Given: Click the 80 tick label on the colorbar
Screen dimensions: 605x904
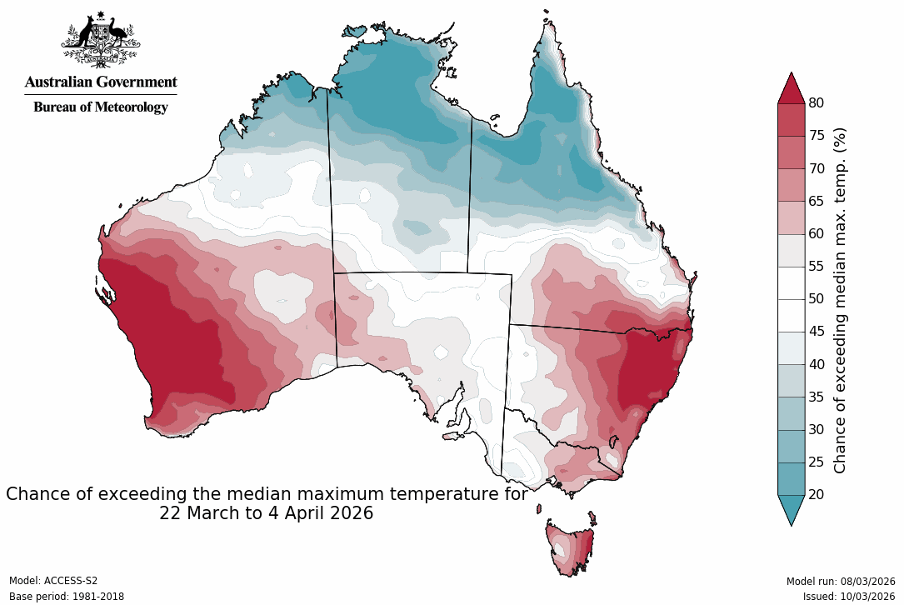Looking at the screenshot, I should pos(816,103).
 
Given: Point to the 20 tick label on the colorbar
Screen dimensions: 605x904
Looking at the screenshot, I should pos(816,495).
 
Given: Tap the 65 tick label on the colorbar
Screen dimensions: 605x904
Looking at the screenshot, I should pos(816,201).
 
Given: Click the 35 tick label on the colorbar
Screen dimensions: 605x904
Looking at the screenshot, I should pos(816,397).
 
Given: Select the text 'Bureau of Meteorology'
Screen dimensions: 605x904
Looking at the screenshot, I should pos(100,107).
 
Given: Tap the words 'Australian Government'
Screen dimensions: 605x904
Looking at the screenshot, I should pos(100,82).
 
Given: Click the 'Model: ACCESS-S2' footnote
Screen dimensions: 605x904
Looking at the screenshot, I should pos(53,581).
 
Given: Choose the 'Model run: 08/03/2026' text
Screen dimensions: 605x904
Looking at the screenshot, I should pos(841,581).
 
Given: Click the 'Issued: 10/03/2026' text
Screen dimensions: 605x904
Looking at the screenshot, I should pos(849,597).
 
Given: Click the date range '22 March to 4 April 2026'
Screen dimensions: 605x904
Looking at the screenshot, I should pos(266,514).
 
